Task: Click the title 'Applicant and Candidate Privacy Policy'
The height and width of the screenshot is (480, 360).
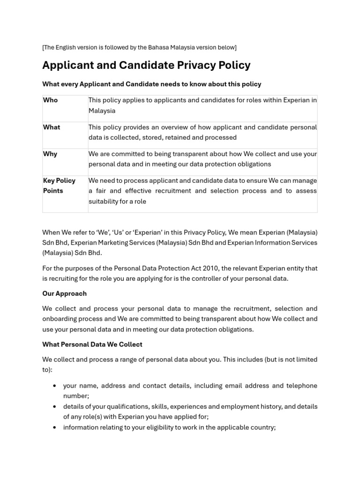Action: tap(146, 65)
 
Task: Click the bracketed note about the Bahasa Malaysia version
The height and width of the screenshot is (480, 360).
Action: tap(139, 47)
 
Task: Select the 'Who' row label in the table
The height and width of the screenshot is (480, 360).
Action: tap(50, 100)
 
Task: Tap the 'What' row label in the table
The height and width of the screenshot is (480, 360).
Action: tap(52, 127)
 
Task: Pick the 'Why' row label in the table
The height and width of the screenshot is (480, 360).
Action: tap(50, 154)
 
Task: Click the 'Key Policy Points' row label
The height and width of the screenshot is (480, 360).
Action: tap(59, 186)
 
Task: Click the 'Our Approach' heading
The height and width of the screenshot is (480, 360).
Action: tap(64, 293)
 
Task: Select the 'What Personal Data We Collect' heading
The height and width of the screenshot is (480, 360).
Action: tap(92, 344)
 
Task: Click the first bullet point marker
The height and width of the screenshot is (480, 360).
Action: tap(55, 386)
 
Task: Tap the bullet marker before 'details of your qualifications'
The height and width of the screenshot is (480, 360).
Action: tap(55, 406)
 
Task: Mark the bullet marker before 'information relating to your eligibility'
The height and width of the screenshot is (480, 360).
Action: tap(55, 427)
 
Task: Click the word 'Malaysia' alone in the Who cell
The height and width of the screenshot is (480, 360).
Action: tap(102, 111)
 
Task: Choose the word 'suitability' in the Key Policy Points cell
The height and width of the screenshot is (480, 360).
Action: tap(104, 202)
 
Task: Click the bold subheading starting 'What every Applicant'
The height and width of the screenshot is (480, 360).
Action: tap(151, 84)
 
